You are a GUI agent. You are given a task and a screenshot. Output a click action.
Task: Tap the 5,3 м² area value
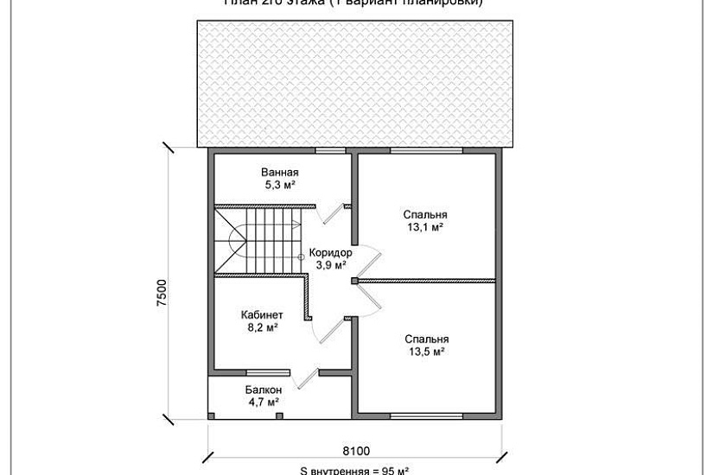coord(279,185)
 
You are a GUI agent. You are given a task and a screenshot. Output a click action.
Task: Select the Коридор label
coord(330,253)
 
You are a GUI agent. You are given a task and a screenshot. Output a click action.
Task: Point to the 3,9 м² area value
coord(330,265)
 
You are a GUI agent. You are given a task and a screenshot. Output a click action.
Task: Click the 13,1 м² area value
coord(425,227)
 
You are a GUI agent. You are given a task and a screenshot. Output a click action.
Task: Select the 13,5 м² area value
coord(425,351)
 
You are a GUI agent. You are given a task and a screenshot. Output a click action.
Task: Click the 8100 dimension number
coord(355,450)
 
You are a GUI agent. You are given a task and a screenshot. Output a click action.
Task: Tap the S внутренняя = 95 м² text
coord(354,471)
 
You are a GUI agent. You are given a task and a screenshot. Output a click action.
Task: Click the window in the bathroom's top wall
coord(326,151)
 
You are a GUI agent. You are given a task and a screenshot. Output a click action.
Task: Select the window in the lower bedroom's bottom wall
coord(425,417)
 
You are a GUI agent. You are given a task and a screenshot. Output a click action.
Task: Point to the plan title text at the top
coord(354,3)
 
